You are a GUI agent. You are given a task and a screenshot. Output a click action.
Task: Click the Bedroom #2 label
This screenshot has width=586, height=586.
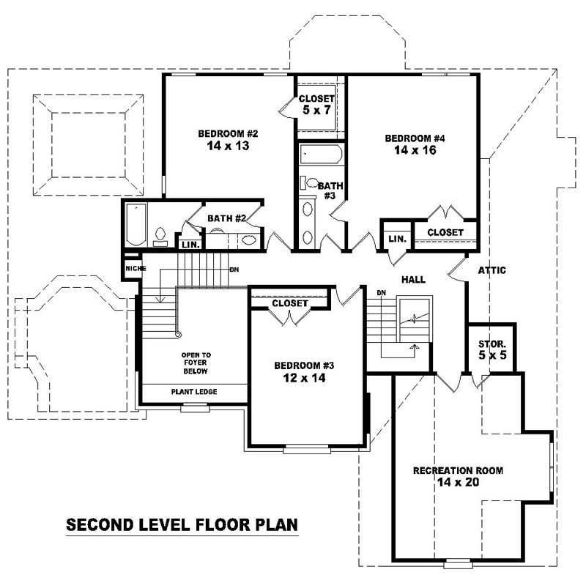pos(229,133)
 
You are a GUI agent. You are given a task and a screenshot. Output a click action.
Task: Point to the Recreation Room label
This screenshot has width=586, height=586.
pos(458,470)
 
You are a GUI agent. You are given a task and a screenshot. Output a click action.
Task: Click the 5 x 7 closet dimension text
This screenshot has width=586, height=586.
pos(316,111)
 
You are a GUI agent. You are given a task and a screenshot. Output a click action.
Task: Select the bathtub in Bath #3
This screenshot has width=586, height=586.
pos(321,155)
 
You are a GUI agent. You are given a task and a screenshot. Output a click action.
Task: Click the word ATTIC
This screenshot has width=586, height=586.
pos(492,270)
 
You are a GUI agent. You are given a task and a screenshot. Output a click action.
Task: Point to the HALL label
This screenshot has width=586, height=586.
pos(413,280)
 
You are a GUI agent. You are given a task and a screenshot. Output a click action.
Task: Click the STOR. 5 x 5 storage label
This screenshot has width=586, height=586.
pos(492,350)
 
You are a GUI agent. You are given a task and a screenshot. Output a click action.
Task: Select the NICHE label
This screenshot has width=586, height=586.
pos(134,269)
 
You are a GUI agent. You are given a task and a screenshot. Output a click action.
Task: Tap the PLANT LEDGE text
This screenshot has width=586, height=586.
pos(194,392)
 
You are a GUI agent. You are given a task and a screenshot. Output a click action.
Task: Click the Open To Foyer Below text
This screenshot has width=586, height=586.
pos(196,363)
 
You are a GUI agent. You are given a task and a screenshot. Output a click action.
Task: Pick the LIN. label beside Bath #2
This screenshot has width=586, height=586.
pos(190,244)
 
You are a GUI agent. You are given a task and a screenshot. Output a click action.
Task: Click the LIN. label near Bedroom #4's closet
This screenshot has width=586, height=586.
pos(397,239)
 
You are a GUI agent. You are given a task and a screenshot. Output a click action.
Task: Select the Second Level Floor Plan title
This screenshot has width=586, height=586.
pos(182,524)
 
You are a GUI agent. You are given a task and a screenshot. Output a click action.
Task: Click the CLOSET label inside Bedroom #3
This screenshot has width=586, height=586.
pos(289,303)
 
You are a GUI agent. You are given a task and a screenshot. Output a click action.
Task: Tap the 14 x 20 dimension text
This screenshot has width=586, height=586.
pos(458,483)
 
